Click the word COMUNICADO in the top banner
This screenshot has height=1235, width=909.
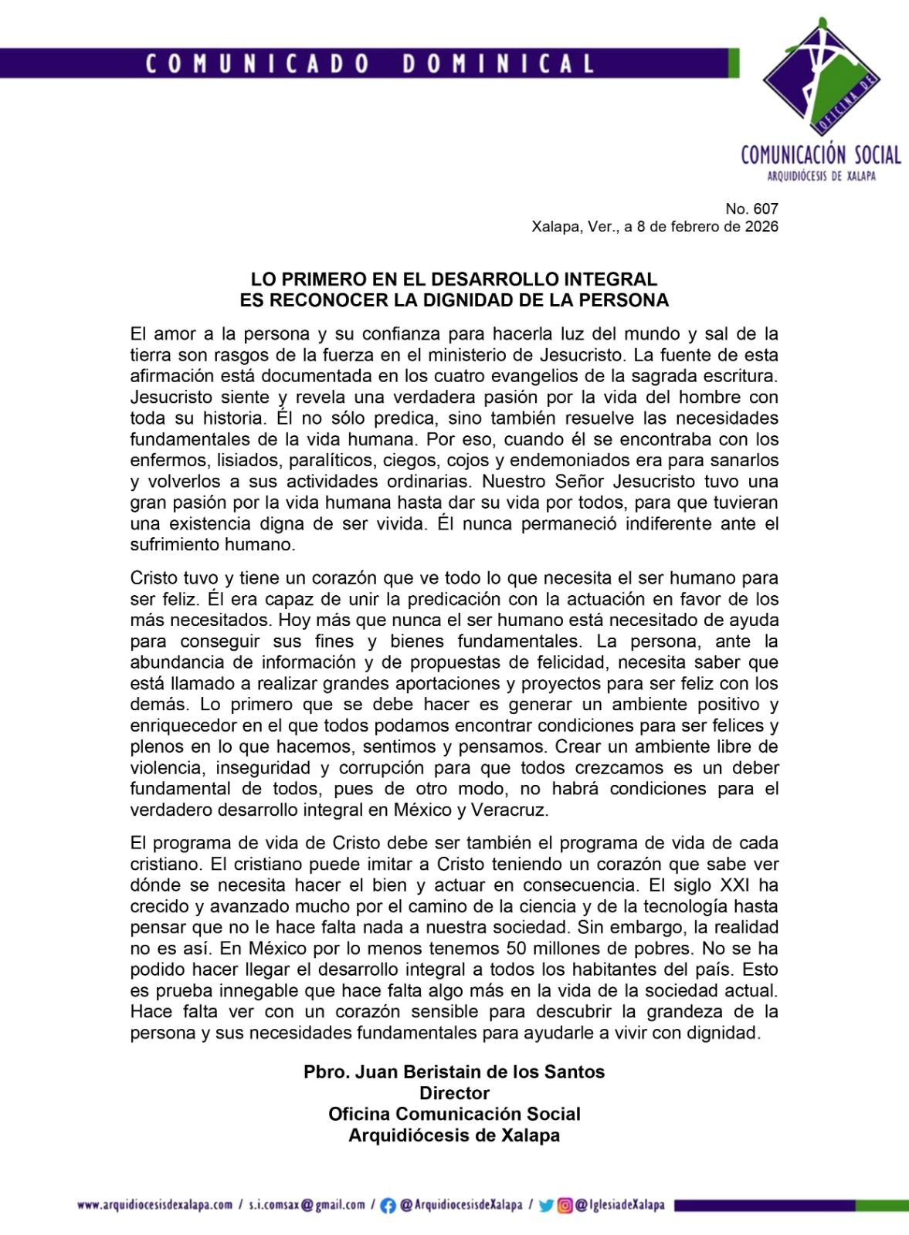[x=258, y=63]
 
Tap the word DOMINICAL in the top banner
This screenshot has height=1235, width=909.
[x=498, y=63]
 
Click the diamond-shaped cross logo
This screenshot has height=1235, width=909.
[x=821, y=76]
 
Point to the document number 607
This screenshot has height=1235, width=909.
[x=766, y=208]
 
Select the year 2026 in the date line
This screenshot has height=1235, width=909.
[x=761, y=227]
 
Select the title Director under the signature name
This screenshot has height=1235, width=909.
[x=454, y=1093]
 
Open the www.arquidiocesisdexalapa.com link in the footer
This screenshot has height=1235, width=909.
[x=154, y=1204]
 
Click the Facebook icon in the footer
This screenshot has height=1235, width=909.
[x=388, y=1205]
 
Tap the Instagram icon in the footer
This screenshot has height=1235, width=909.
[x=566, y=1205]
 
